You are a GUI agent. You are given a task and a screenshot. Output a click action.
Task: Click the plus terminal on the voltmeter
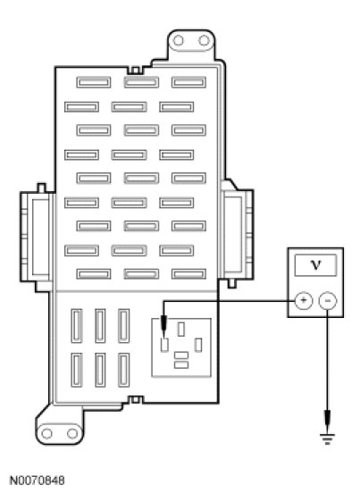(x=304, y=301)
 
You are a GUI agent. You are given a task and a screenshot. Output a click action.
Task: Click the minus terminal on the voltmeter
(x=328, y=301)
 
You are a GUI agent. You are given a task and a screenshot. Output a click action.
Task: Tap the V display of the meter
(x=315, y=265)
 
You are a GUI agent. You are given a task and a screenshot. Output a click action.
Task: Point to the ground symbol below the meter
(x=327, y=439)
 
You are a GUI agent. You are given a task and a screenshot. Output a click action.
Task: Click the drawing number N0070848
(x=38, y=480)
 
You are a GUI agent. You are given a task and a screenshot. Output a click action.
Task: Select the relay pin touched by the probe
(x=164, y=345)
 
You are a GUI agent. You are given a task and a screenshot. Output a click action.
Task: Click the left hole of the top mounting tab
(x=179, y=40)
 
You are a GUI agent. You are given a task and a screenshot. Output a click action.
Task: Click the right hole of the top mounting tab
(x=204, y=40)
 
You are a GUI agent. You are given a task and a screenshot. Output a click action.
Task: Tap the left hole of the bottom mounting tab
(x=46, y=433)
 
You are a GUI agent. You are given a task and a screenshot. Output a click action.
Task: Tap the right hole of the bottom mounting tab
(x=72, y=433)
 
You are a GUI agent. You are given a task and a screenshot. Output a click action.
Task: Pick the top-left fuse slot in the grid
(x=94, y=82)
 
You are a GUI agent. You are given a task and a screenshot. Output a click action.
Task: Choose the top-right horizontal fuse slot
(x=188, y=82)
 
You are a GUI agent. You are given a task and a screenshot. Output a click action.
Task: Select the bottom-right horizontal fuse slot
(x=188, y=274)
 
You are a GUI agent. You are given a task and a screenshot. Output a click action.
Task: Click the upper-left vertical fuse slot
(x=77, y=326)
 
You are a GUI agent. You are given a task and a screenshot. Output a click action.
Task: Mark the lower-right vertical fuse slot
(x=124, y=370)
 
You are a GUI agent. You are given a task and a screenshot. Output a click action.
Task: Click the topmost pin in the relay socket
(x=181, y=330)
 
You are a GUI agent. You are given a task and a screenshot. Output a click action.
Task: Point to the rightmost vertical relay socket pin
(x=198, y=345)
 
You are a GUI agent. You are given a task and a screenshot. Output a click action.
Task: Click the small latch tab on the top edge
(x=135, y=70)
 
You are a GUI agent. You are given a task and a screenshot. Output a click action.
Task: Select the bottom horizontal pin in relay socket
(x=181, y=364)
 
